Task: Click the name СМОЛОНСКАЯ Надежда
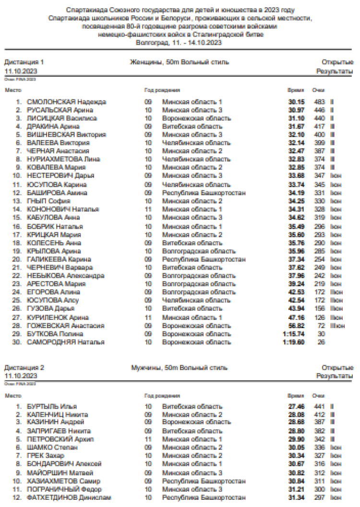click(x=67, y=102)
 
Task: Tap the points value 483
click(x=319, y=102)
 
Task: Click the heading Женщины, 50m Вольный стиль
click(x=179, y=62)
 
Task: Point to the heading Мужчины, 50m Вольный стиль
click(x=179, y=367)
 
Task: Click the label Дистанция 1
click(x=24, y=62)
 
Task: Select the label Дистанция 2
click(x=24, y=367)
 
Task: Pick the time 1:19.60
click(x=294, y=342)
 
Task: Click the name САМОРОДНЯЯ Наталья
click(x=66, y=342)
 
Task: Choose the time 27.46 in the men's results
click(x=296, y=406)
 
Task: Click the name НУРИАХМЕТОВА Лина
click(x=63, y=159)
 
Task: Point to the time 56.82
click(x=296, y=326)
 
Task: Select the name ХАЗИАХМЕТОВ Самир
click(x=60, y=481)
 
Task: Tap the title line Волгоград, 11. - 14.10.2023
click(x=179, y=43)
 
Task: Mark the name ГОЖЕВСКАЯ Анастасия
click(x=66, y=326)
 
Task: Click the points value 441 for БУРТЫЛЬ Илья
click(x=319, y=406)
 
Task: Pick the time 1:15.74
click(x=294, y=334)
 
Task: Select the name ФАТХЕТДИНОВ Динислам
click(x=69, y=497)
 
